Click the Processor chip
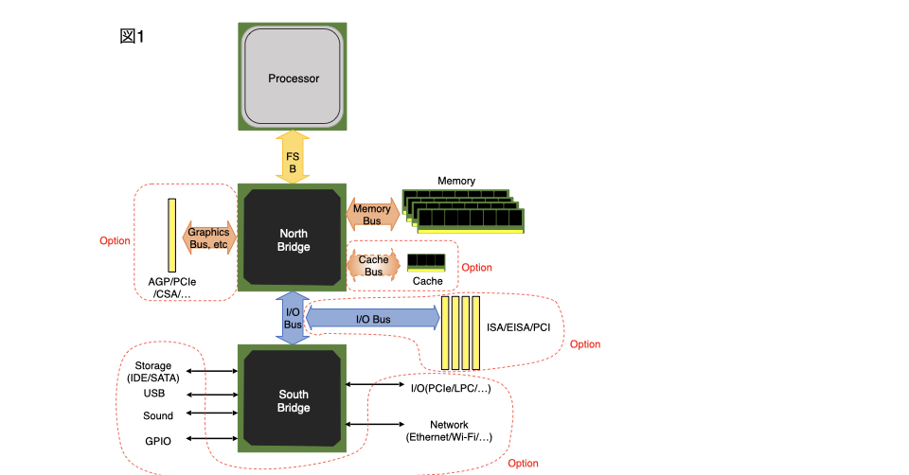pyautogui.click(x=294, y=77)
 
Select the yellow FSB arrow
pyautogui.click(x=294, y=157)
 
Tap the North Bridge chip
pyautogui.click(x=294, y=239)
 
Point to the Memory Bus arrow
pyautogui.click(x=371, y=214)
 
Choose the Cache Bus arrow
pyautogui.click(x=373, y=265)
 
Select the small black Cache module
pyautogui.click(x=427, y=262)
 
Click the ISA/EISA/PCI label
pyautogui.click(x=518, y=327)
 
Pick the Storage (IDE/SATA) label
pyautogui.click(x=152, y=372)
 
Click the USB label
pyautogui.click(x=154, y=393)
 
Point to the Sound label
pyautogui.click(x=158, y=415)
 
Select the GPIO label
pyautogui.click(x=158, y=440)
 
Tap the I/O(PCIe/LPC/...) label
pyautogui.click(x=450, y=389)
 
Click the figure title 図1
pyautogui.click(x=132, y=36)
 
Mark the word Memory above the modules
pyautogui.click(x=456, y=180)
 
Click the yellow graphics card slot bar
pyautogui.click(x=171, y=233)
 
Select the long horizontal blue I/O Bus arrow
pyautogui.click(x=373, y=319)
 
